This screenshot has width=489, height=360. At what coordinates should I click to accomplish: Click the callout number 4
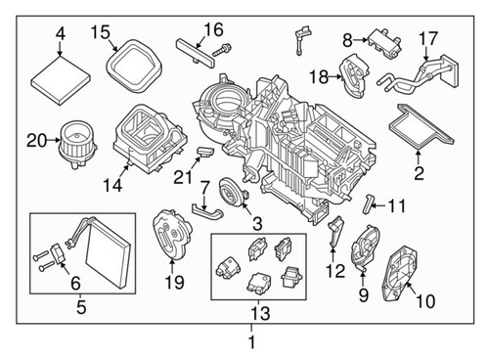point(61,33)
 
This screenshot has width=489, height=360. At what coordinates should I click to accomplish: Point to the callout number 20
point(35,140)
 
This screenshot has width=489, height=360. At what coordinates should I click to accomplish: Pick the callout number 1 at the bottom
point(251,342)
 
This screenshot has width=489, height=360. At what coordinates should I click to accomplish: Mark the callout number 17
point(426,38)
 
